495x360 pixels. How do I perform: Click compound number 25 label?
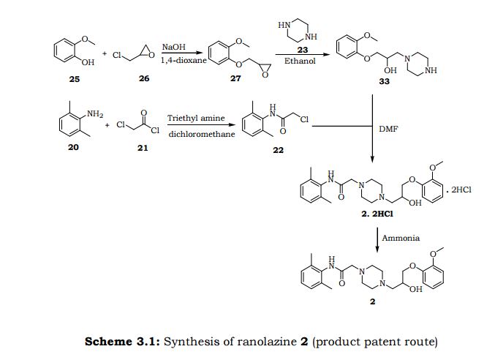[74, 79]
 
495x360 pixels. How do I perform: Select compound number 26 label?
[143, 79]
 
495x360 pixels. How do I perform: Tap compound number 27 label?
[235, 79]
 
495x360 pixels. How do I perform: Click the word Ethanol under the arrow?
[300, 61]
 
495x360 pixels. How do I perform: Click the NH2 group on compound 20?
[95, 113]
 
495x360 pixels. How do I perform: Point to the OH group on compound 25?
[88, 62]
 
